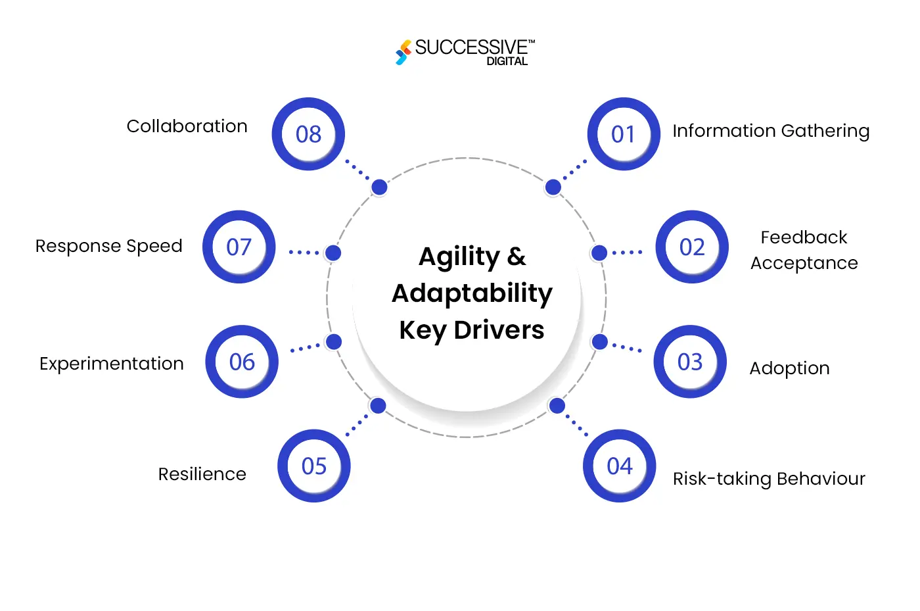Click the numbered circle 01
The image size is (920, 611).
coord(624,134)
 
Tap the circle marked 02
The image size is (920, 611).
coord(692,247)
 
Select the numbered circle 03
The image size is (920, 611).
coord(690,362)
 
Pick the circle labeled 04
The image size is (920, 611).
coord(620,466)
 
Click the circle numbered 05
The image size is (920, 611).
coord(314,466)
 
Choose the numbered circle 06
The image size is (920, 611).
coord(242,362)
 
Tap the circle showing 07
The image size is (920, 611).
coord(239,247)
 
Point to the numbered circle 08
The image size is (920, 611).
coord(308,134)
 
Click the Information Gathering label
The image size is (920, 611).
coord(771,131)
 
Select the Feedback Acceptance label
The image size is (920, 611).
coord(804,250)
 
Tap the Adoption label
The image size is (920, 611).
coord(789,368)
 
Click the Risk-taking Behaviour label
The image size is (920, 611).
coord(769,479)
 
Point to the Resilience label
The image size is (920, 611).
coord(202,474)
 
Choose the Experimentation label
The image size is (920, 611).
coord(112,364)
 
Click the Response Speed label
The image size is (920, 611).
coord(109,246)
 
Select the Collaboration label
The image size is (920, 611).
coord(187,126)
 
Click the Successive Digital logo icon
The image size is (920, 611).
coord(403,52)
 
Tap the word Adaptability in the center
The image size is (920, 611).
coord(472,293)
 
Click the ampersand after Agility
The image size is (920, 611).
coord(517,257)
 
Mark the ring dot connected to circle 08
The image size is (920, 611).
coord(379,187)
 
